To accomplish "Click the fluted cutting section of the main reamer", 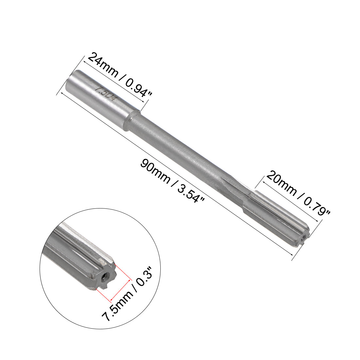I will tap(278, 216).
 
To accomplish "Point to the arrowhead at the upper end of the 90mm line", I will tap(58, 94).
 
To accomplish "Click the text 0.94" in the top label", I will tap(137, 87).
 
